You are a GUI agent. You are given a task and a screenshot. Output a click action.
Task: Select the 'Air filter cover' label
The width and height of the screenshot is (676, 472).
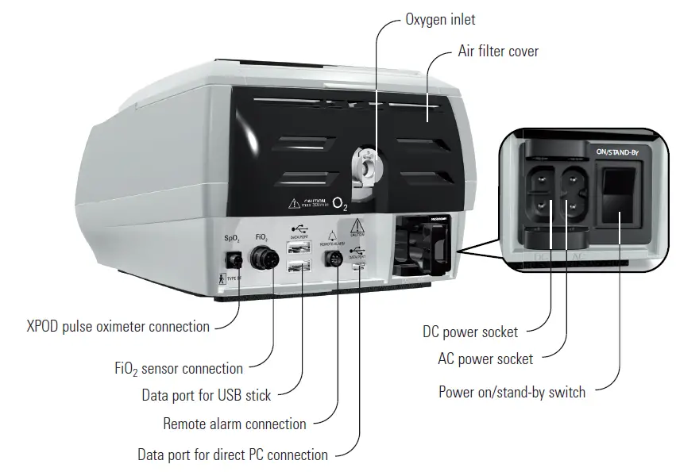[498, 52]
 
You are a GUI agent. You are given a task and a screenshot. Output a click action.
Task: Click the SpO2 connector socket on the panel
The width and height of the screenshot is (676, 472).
[234, 259]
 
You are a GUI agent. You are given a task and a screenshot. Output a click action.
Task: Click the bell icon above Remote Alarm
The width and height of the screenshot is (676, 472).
[331, 234]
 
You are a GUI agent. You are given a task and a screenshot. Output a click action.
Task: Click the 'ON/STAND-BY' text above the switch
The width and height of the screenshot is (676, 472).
[617, 149]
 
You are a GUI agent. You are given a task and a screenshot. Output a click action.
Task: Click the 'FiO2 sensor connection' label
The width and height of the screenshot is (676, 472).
[179, 369]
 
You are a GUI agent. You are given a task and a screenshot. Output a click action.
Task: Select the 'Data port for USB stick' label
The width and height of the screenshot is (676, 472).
[206, 394]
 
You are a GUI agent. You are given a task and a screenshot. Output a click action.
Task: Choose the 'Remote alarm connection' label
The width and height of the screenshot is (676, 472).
[234, 424]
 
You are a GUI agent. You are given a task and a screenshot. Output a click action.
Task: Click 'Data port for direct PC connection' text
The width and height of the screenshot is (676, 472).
[232, 455]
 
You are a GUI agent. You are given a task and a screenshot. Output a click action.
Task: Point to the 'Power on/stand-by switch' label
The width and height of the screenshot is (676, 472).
[512, 392]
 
